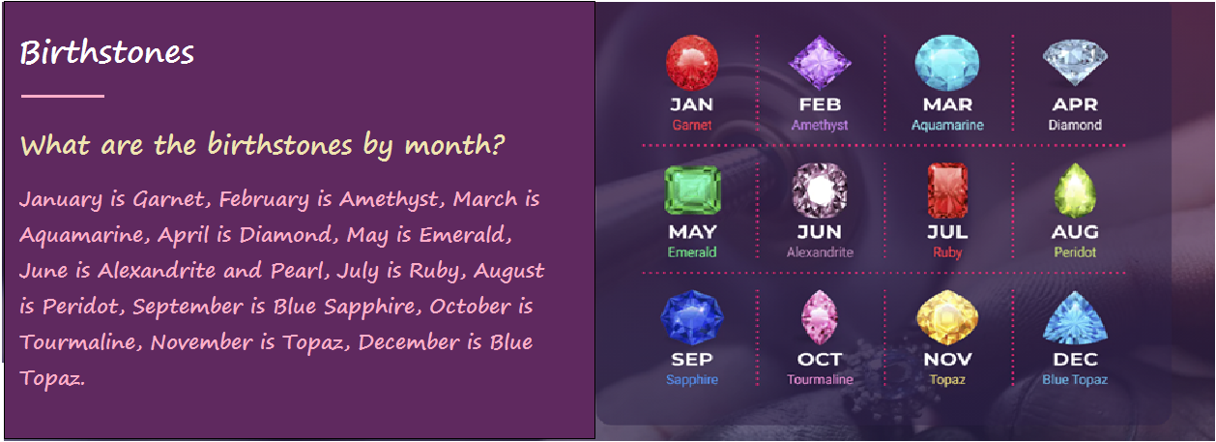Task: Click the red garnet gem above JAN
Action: pos(691,62)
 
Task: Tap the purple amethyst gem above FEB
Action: pos(820,62)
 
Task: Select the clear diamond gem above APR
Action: pos(1075,62)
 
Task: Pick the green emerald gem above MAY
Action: pos(692,190)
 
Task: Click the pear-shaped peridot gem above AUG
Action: pos(1075,191)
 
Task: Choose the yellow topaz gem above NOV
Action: pos(947,317)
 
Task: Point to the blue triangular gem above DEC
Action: pos(1075,317)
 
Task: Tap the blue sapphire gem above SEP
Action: pos(691,317)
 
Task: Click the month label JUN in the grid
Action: pos(820,232)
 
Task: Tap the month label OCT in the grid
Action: pos(820,359)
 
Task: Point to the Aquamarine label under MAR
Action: pos(947,125)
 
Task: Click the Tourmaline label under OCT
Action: pos(820,379)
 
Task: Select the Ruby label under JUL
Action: pos(947,252)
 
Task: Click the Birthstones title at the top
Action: pos(107,52)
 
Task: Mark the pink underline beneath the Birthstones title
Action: pos(63,96)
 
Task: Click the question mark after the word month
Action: pos(497,144)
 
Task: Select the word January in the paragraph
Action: pos(61,199)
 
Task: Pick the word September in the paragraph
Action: pos(188,307)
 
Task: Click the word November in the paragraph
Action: pos(201,342)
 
